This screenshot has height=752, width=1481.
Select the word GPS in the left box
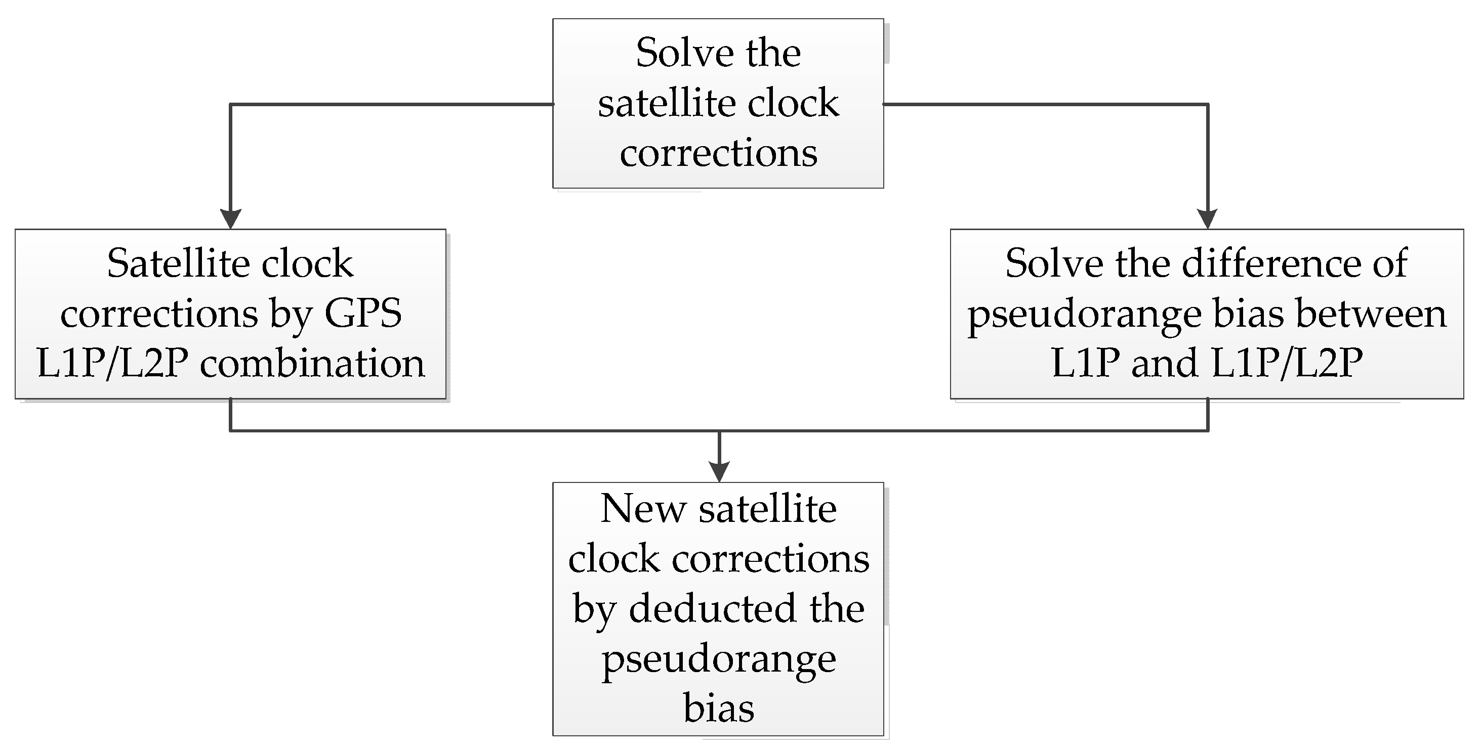tap(363, 314)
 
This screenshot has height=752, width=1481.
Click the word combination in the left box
tap(312, 364)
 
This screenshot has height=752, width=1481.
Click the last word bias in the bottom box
tap(719, 709)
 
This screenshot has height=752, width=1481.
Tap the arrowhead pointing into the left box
tap(230, 219)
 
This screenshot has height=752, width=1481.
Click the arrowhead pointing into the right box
tap(1207, 219)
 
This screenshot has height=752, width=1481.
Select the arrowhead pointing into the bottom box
tap(719, 472)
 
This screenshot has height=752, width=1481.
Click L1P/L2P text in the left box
tap(113, 364)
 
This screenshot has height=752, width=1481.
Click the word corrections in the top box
tap(719, 153)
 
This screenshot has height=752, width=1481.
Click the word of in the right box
tap(1391, 263)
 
